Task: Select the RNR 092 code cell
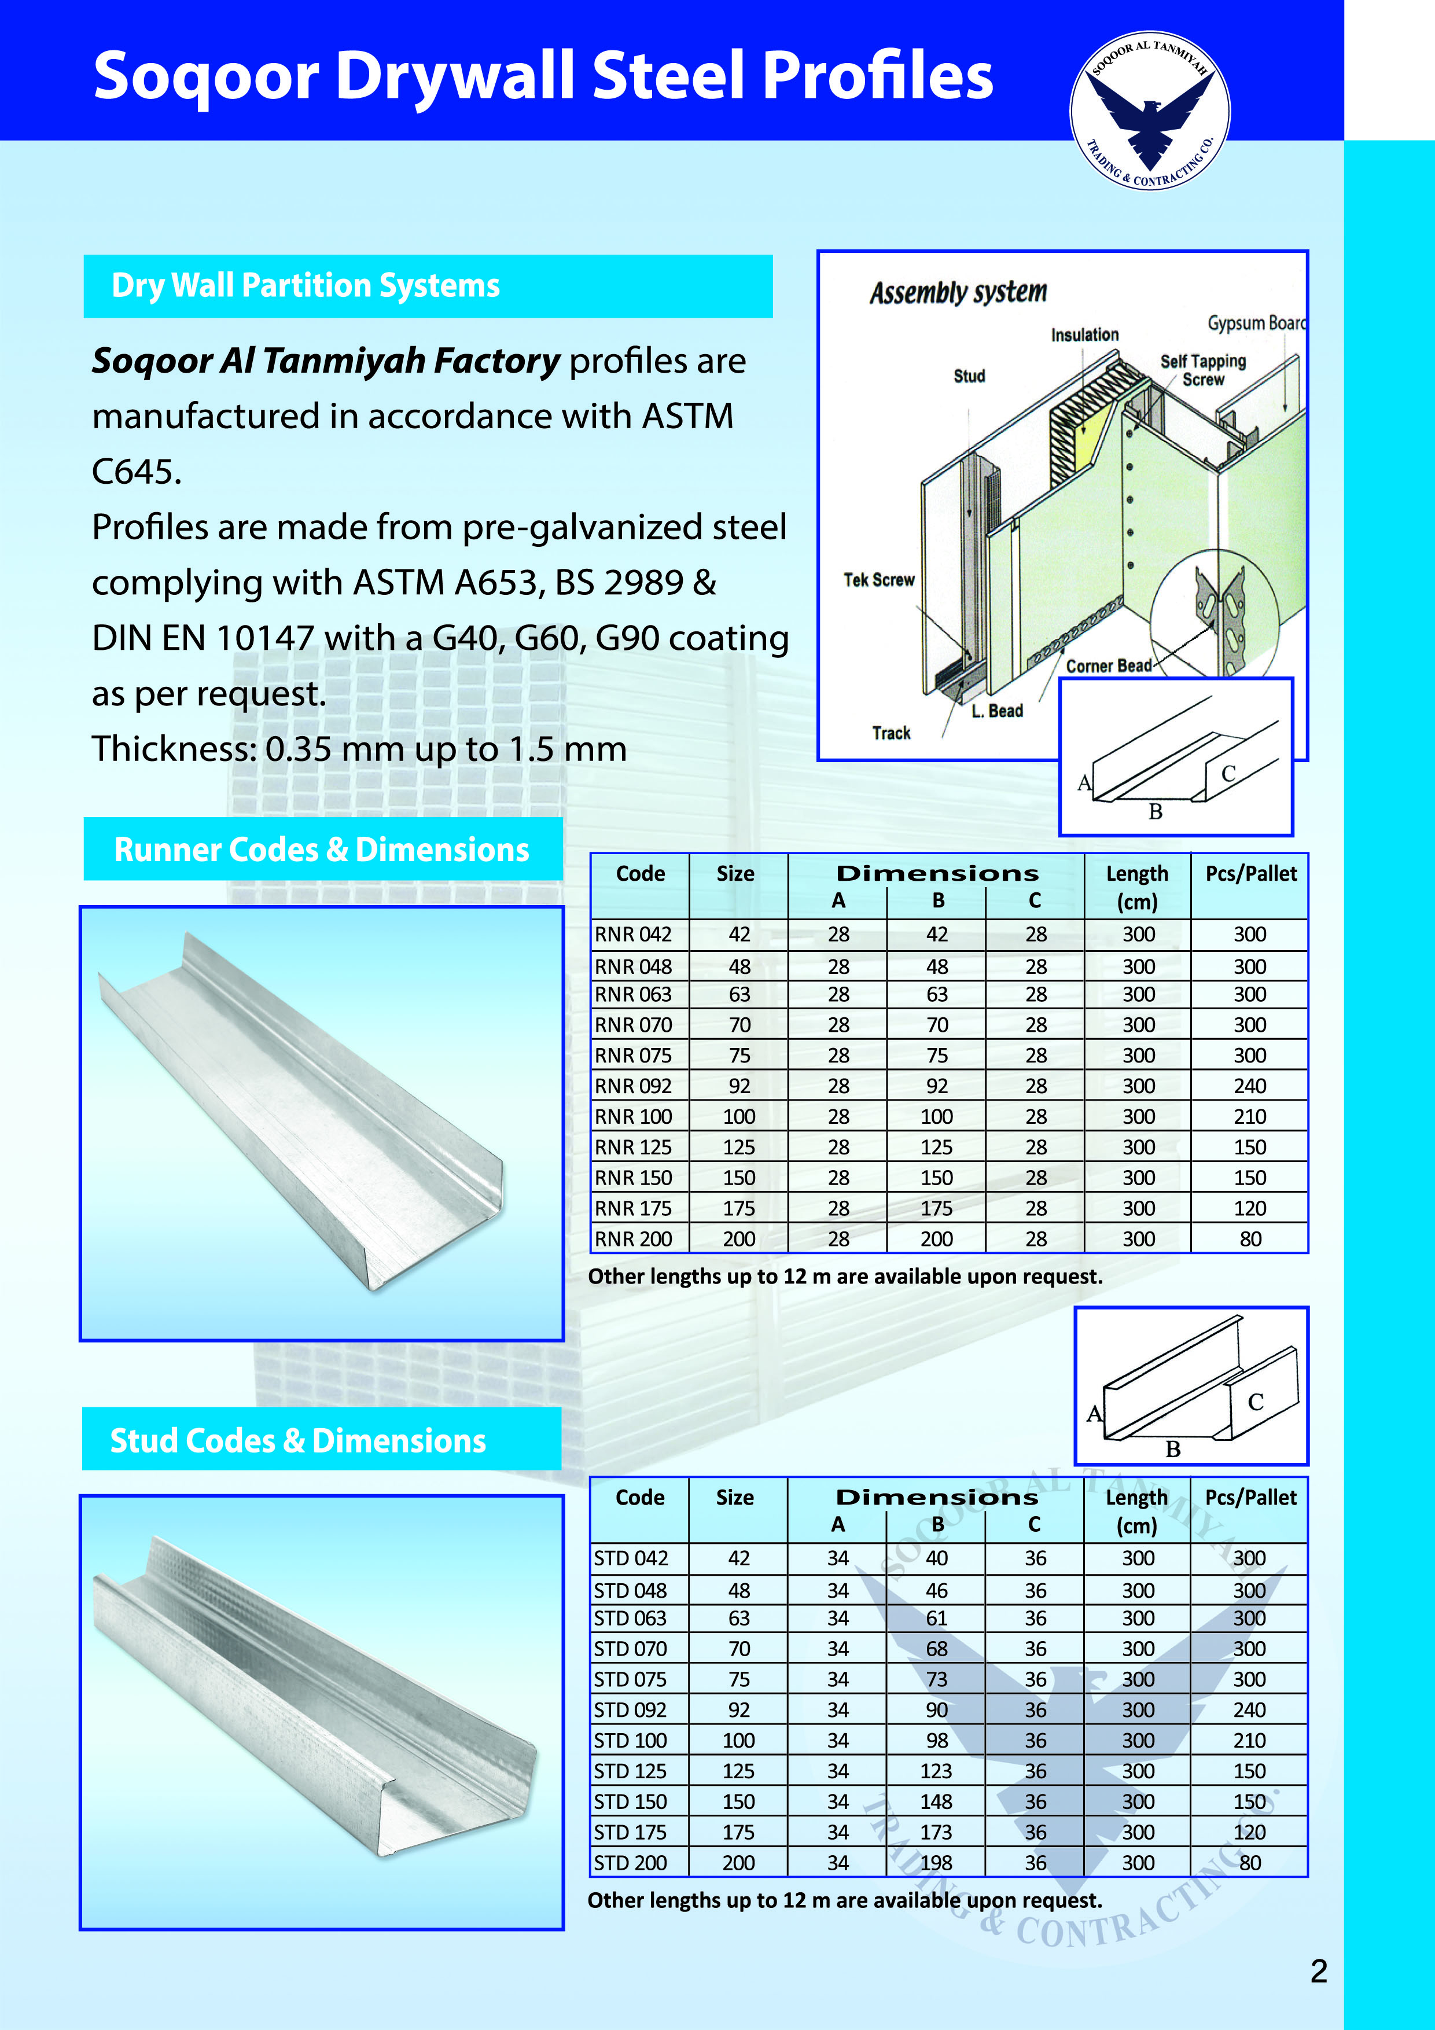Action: point(633,1086)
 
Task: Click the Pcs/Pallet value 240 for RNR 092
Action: point(1249,1086)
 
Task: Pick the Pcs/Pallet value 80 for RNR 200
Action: point(1249,1239)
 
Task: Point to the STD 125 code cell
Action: point(630,1771)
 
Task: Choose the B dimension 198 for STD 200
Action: point(936,1863)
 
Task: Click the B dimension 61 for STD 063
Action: point(936,1618)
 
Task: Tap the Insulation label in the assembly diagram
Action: point(1085,335)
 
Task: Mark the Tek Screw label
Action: point(879,580)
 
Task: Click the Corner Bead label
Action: point(1109,665)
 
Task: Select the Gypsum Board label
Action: point(1256,323)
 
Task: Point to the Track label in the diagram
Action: point(891,733)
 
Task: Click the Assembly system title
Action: point(958,293)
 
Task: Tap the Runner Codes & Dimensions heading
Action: point(322,849)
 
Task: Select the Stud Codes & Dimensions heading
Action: point(298,1440)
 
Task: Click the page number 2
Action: point(1318,1971)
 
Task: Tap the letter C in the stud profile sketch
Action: point(1256,1402)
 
